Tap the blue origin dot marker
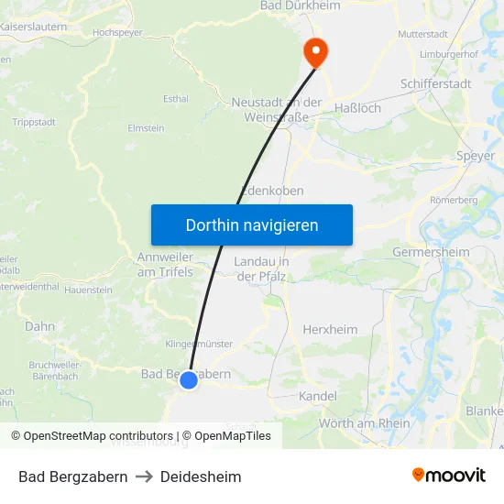tap(188, 379)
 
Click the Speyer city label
tap(475, 156)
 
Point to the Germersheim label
tap(431, 252)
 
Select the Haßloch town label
tap(357, 108)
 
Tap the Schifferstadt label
tap(435, 83)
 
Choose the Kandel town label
tap(318, 396)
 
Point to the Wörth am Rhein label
tap(365, 422)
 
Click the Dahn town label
tap(40, 325)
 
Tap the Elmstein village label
tap(146, 128)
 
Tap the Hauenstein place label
tap(89, 290)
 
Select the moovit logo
tap(449, 476)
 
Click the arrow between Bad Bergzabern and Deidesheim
tap(144, 477)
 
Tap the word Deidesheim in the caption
tap(201, 477)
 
